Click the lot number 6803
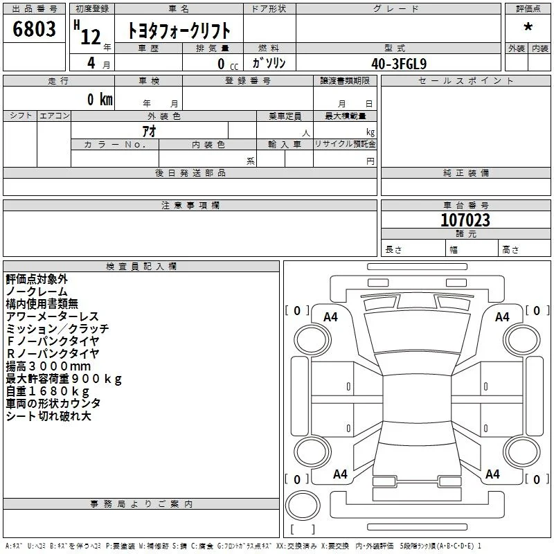(x=34, y=28)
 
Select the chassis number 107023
(x=465, y=220)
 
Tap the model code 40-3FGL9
(x=399, y=64)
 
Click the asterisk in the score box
(x=528, y=27)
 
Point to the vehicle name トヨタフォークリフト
(x=179, y=30)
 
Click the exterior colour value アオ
(x=149, y=131)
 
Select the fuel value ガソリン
(x=269, y=63)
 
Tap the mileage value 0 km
(x=100, y=99)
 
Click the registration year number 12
(x=91, y=37)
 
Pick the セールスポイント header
(x=465, y=81)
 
